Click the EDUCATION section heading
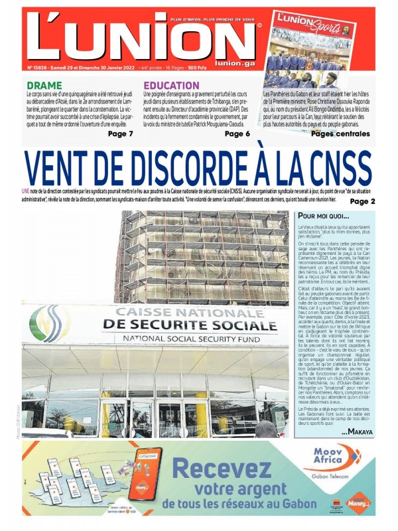tap(171, 86)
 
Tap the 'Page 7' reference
tap(121, 134)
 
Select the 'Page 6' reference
tap(237, 134)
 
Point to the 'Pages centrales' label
tap(340, 134)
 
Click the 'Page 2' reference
tap(362, 201)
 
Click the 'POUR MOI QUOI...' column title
tap(324, 216)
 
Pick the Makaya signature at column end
tap(358, 432)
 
